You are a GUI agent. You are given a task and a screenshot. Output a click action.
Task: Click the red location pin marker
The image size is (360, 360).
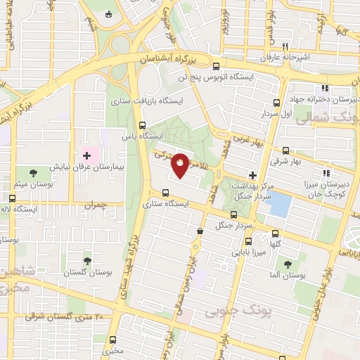pyautogui.click(x=181, y=164)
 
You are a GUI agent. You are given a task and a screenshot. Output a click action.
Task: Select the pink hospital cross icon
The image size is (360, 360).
pyautogui.click(x=87, y=155)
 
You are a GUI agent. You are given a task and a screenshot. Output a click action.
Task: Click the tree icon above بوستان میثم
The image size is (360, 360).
pyautogui.click(x=33, y=172)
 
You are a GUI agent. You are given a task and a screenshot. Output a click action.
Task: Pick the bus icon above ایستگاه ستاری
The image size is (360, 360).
pyautogui.click(x=165, y=193)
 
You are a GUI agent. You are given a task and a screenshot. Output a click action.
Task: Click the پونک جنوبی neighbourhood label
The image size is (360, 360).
pyautogui.click(x=230, y=311)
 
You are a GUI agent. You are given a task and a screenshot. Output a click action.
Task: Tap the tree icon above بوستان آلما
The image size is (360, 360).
pyautogui.click(x=288, y=264)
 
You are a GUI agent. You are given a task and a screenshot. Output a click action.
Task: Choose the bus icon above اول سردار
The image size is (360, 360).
pyautogui.click(x=277, y=101)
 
